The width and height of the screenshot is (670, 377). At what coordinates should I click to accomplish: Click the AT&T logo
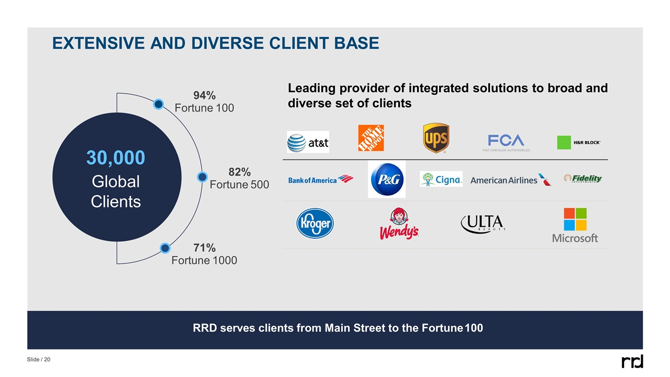point(308,142)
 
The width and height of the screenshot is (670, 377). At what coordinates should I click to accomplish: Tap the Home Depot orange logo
point(371,138)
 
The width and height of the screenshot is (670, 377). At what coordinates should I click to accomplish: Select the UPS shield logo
point(436,138)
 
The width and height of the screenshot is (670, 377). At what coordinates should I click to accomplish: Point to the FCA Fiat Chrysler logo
point(506,141)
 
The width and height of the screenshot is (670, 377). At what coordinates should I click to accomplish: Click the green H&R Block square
point(564,142)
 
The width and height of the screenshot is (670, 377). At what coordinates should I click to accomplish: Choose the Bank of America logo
point(320,180)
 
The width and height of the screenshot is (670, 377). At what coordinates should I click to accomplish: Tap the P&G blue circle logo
point(387,179)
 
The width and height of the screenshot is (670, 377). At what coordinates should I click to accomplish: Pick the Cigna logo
point(441,179)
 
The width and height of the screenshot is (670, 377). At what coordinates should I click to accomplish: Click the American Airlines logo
point(510,180)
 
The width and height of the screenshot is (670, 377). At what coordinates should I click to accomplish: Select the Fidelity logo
point(583,179)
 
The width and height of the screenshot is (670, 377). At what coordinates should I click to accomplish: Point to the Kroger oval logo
point(315,224)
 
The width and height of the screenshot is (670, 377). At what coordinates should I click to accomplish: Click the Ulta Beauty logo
point(483,224)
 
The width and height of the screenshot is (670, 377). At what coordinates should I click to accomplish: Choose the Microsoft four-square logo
point(575,220)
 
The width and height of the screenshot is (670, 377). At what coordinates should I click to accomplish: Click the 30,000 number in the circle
point(116,158)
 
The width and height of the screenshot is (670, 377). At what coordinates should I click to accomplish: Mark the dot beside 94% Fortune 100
point(159,104)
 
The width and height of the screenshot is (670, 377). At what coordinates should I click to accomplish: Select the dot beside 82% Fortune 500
point(202,177)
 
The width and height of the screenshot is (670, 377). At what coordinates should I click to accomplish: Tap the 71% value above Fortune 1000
point(204,247)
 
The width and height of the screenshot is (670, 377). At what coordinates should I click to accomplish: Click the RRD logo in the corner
point(632,361)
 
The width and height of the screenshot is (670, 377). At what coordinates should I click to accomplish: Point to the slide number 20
point(47,360)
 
